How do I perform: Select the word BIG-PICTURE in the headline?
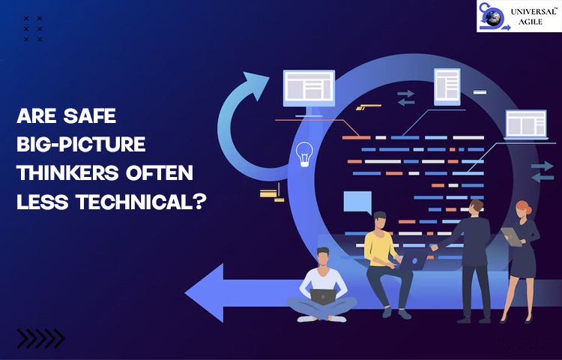(81, 144)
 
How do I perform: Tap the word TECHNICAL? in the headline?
(141, 202)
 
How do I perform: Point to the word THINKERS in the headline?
(67, 172)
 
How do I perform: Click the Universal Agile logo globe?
(493, 17)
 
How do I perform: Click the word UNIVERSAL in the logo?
(534, 11)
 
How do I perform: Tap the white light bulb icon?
(304, 154)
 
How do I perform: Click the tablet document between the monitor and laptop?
(447, 87)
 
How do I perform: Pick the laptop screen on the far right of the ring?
(526, 124)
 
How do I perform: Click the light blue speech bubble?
(357, 202)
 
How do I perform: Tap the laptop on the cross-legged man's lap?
(323, 297)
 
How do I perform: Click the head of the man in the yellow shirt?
(380, 220)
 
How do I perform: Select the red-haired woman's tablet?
(512, 237)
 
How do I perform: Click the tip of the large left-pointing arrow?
(185, 292)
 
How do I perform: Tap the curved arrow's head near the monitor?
(256, 85)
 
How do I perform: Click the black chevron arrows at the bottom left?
(41, 338)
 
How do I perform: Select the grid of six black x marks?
(33, 28)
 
